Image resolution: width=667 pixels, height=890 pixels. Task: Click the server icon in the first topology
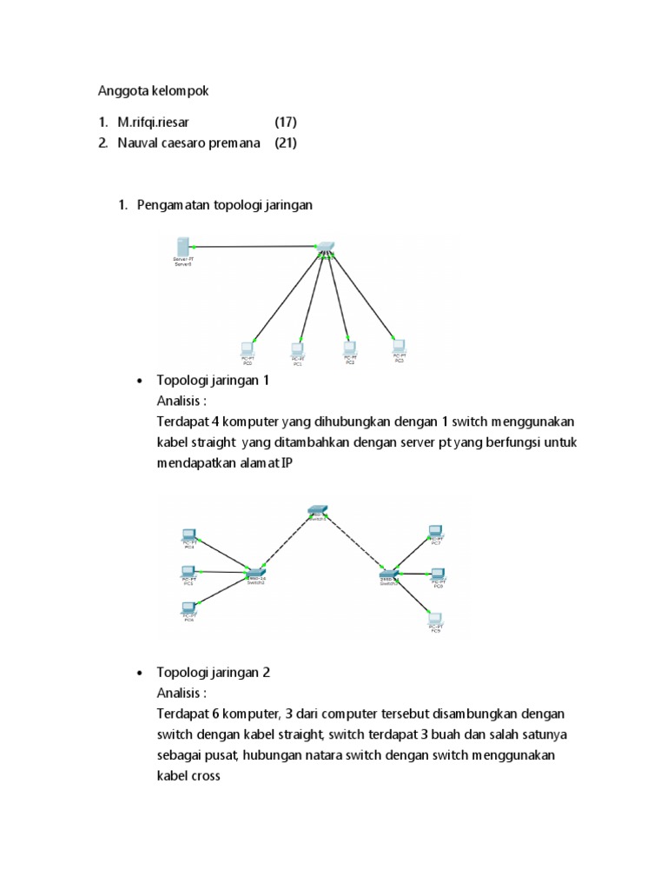(182, 246)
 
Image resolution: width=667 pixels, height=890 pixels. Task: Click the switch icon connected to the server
(325, 246)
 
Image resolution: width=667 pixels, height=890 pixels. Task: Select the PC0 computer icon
(248, 347)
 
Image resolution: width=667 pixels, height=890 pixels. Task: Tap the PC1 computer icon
(298, 348)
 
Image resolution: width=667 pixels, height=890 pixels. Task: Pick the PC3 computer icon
(400, 343)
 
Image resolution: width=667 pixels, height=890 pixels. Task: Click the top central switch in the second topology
(316, 510)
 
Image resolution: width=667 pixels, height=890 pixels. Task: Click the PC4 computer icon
(188, 535)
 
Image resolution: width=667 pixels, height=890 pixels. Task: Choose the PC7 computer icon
(437, 530)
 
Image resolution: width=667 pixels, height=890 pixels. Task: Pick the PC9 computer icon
(436, 619)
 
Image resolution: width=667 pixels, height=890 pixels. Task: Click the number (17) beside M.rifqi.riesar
(286, 122)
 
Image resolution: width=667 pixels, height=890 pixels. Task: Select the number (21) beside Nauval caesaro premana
(286, 143)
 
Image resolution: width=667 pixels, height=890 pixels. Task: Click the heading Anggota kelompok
(152, 90)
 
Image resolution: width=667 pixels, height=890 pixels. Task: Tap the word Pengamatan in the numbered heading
(174, 205)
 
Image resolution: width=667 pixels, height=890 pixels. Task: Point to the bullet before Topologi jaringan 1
(139, 382)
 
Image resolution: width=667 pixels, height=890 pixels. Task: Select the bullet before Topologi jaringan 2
(139, 674)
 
